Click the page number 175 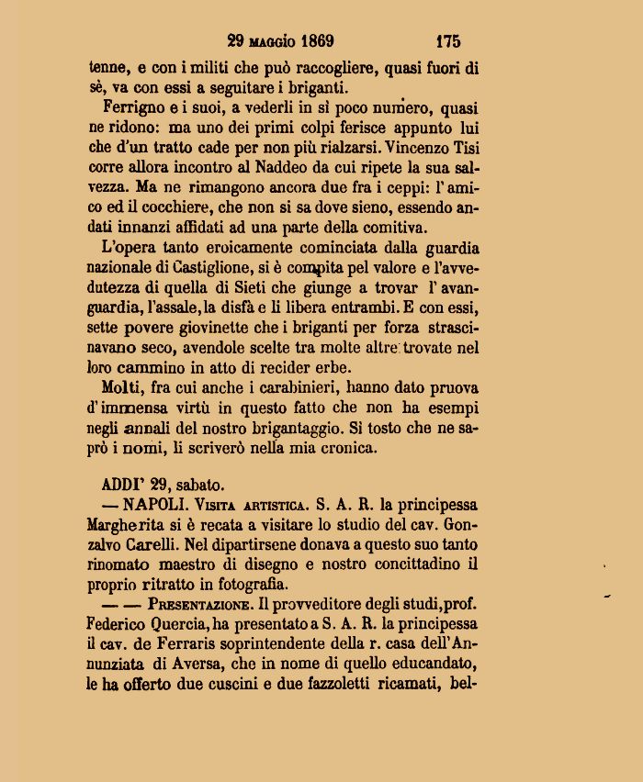click(x=448, y=41)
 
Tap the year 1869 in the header click(x=313, y=41)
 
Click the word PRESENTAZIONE click(x=193, y=607)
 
